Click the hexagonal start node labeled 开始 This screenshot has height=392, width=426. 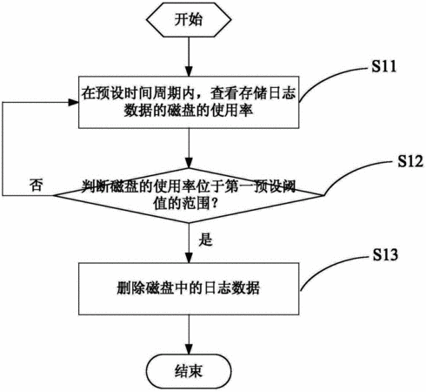pyautogui.click(x=189, y=20)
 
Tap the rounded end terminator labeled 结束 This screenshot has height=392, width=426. pyautogui.click(x=189, y=371)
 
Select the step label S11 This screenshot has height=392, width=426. pyautogui.click(x=383, y=66)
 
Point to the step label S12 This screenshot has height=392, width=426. pyautogui.click(x=409, y=160)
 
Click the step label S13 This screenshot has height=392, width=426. pyautogui.click(x=385, y=254)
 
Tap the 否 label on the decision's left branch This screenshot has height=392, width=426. pyautogui.click(x=36, y=185)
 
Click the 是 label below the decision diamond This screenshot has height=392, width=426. pyautogui.click(x=205, y=240)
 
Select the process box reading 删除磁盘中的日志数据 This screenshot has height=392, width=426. pyautogui.click(x=189, y=288)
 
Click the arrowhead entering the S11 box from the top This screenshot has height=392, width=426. pyautogui.click(x=189, y=71)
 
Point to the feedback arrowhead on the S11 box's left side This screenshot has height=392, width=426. pyautogui.click(x=73, y=102)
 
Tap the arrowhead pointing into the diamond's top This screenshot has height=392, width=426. pyautogui.click(x=189, y=163)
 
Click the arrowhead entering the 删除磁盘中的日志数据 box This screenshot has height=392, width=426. pyautogui.click(x=189, y=258)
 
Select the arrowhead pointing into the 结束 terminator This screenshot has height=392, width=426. pyautogui.click(x=189, y=349)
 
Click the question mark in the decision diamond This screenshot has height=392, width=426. pyautogui.click(x=215, y=204)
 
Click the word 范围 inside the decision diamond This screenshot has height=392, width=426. pyautogui.click(x=196, y=204)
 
